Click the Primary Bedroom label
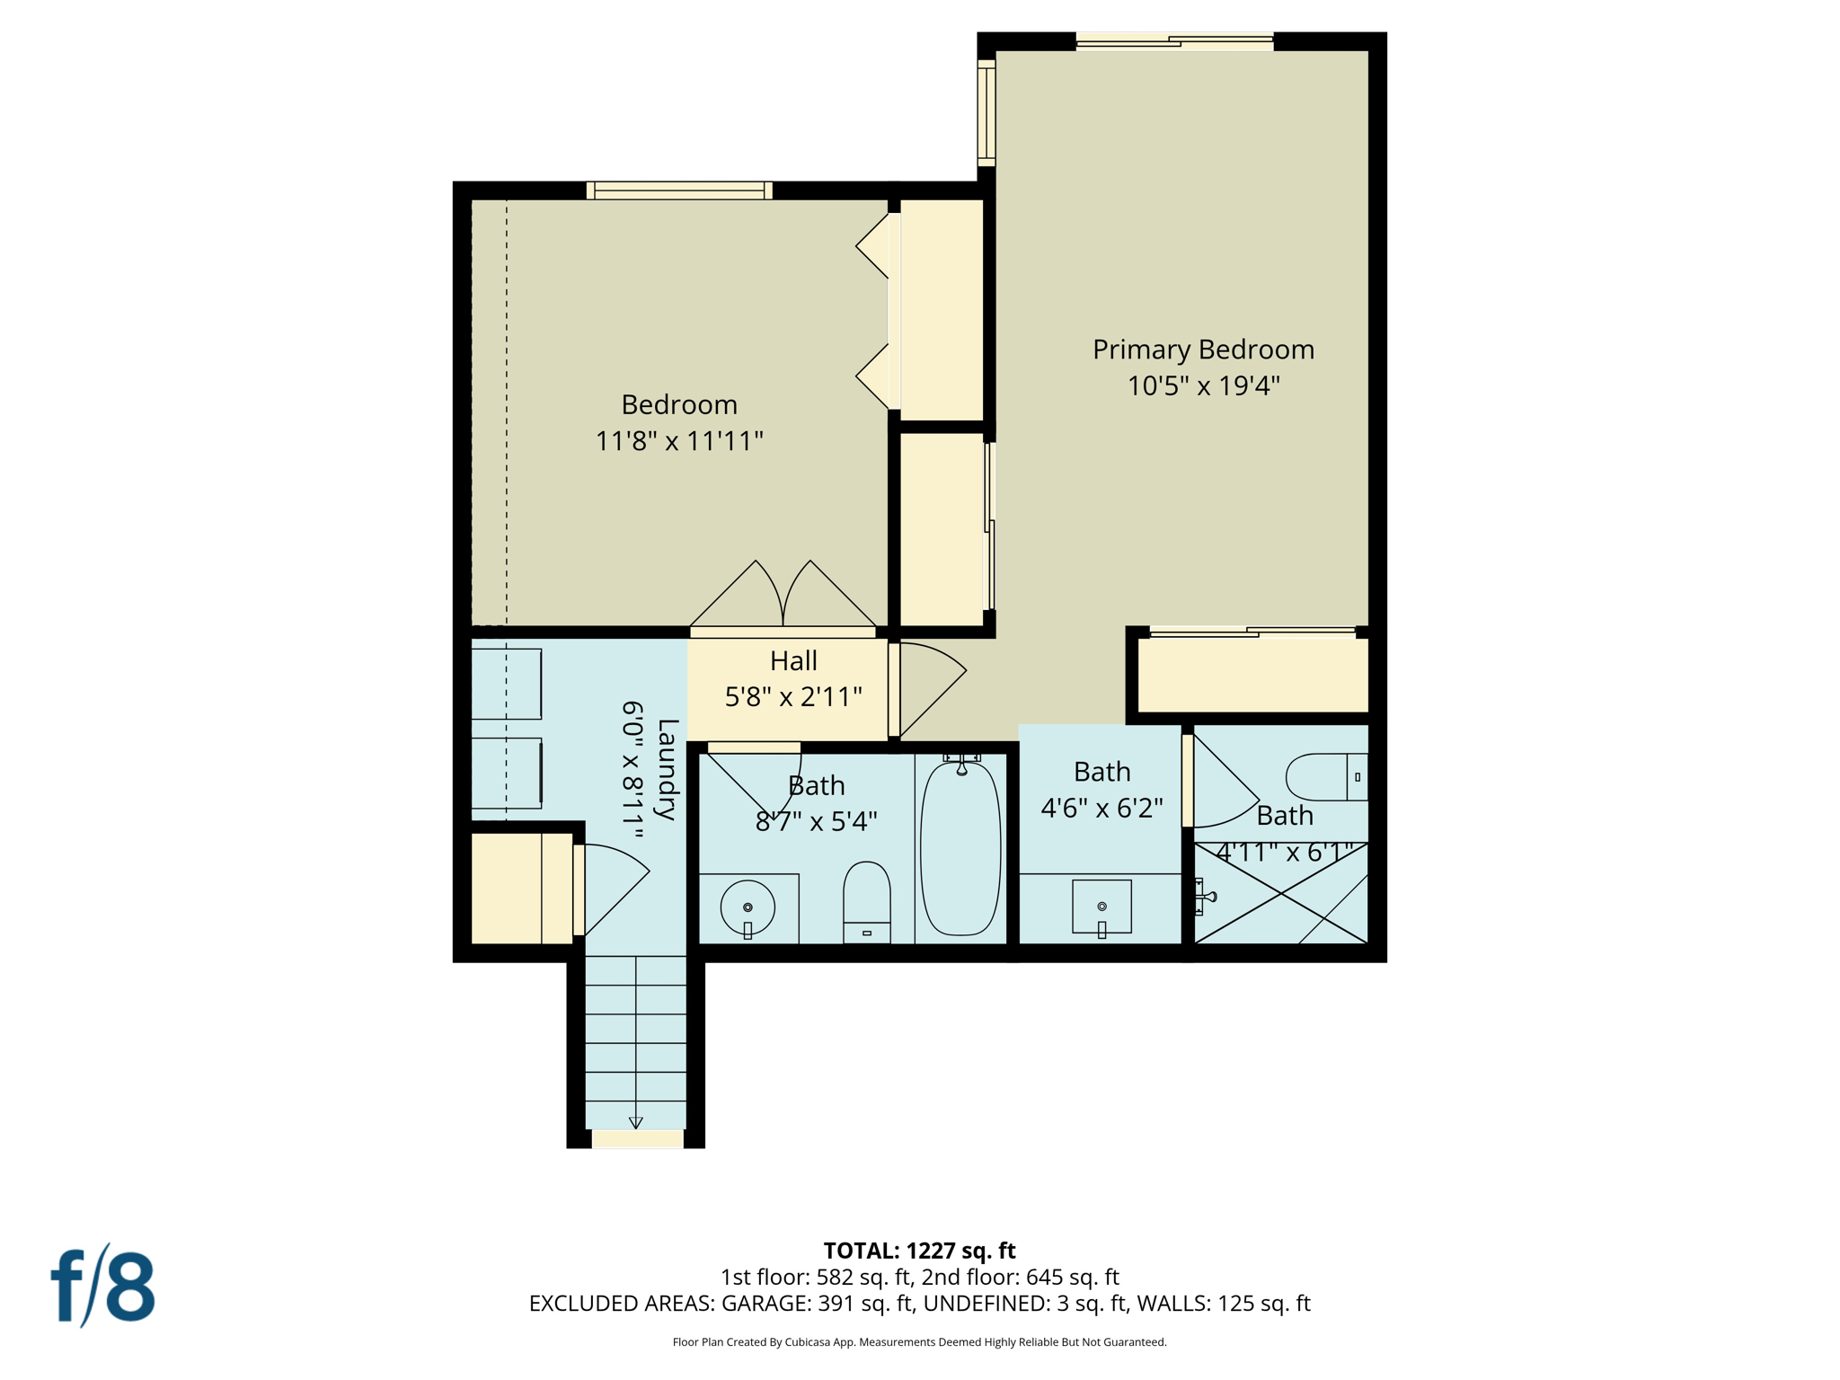[x=1203, y=349]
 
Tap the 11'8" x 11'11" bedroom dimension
[x=679, y=441]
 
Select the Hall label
[x=793, y=661]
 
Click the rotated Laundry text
[x=667, y=769]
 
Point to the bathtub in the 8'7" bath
[x=960, y=849]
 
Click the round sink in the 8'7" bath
[x=747, y=907]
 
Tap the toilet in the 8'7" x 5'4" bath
[x=866, y=900]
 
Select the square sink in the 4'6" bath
[x=1101, y=907]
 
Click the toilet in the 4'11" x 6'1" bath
[x=1325, y=777]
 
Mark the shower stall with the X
[x=1280, y=894]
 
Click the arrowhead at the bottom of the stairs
[x=636, y=1122]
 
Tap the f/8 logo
[x=103, y=1286]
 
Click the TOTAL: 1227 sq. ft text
[x=919, y=1251]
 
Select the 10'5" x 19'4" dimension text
[x=1203, y=386]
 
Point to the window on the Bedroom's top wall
[x=679, y=190]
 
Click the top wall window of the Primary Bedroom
[x=1174, y=41]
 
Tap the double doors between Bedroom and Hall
[x=783, y=597]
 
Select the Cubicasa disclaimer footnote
[x=919, y=1342]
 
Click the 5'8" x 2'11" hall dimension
[x=793, y=697]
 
